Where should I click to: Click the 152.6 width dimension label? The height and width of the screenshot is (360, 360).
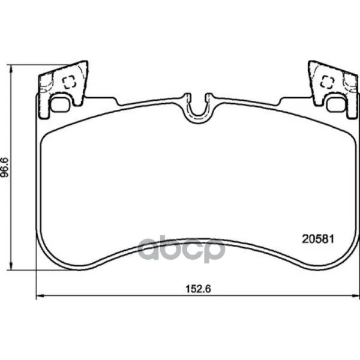(x=198, y=289)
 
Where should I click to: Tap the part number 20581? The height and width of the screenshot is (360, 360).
(x=318, y=239)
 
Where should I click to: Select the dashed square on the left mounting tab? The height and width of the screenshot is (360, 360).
(x=70, y=82)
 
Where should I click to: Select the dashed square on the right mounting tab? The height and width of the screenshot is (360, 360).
(x=327, y=82)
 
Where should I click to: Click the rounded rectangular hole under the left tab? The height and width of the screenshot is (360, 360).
(x=59, y=104)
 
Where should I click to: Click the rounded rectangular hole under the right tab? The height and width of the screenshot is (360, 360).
(x=336, y=104)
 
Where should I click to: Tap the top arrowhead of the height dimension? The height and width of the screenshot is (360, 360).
(x=10, y=69)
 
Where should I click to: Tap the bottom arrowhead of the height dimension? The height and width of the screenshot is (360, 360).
(x=10, y=266)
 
